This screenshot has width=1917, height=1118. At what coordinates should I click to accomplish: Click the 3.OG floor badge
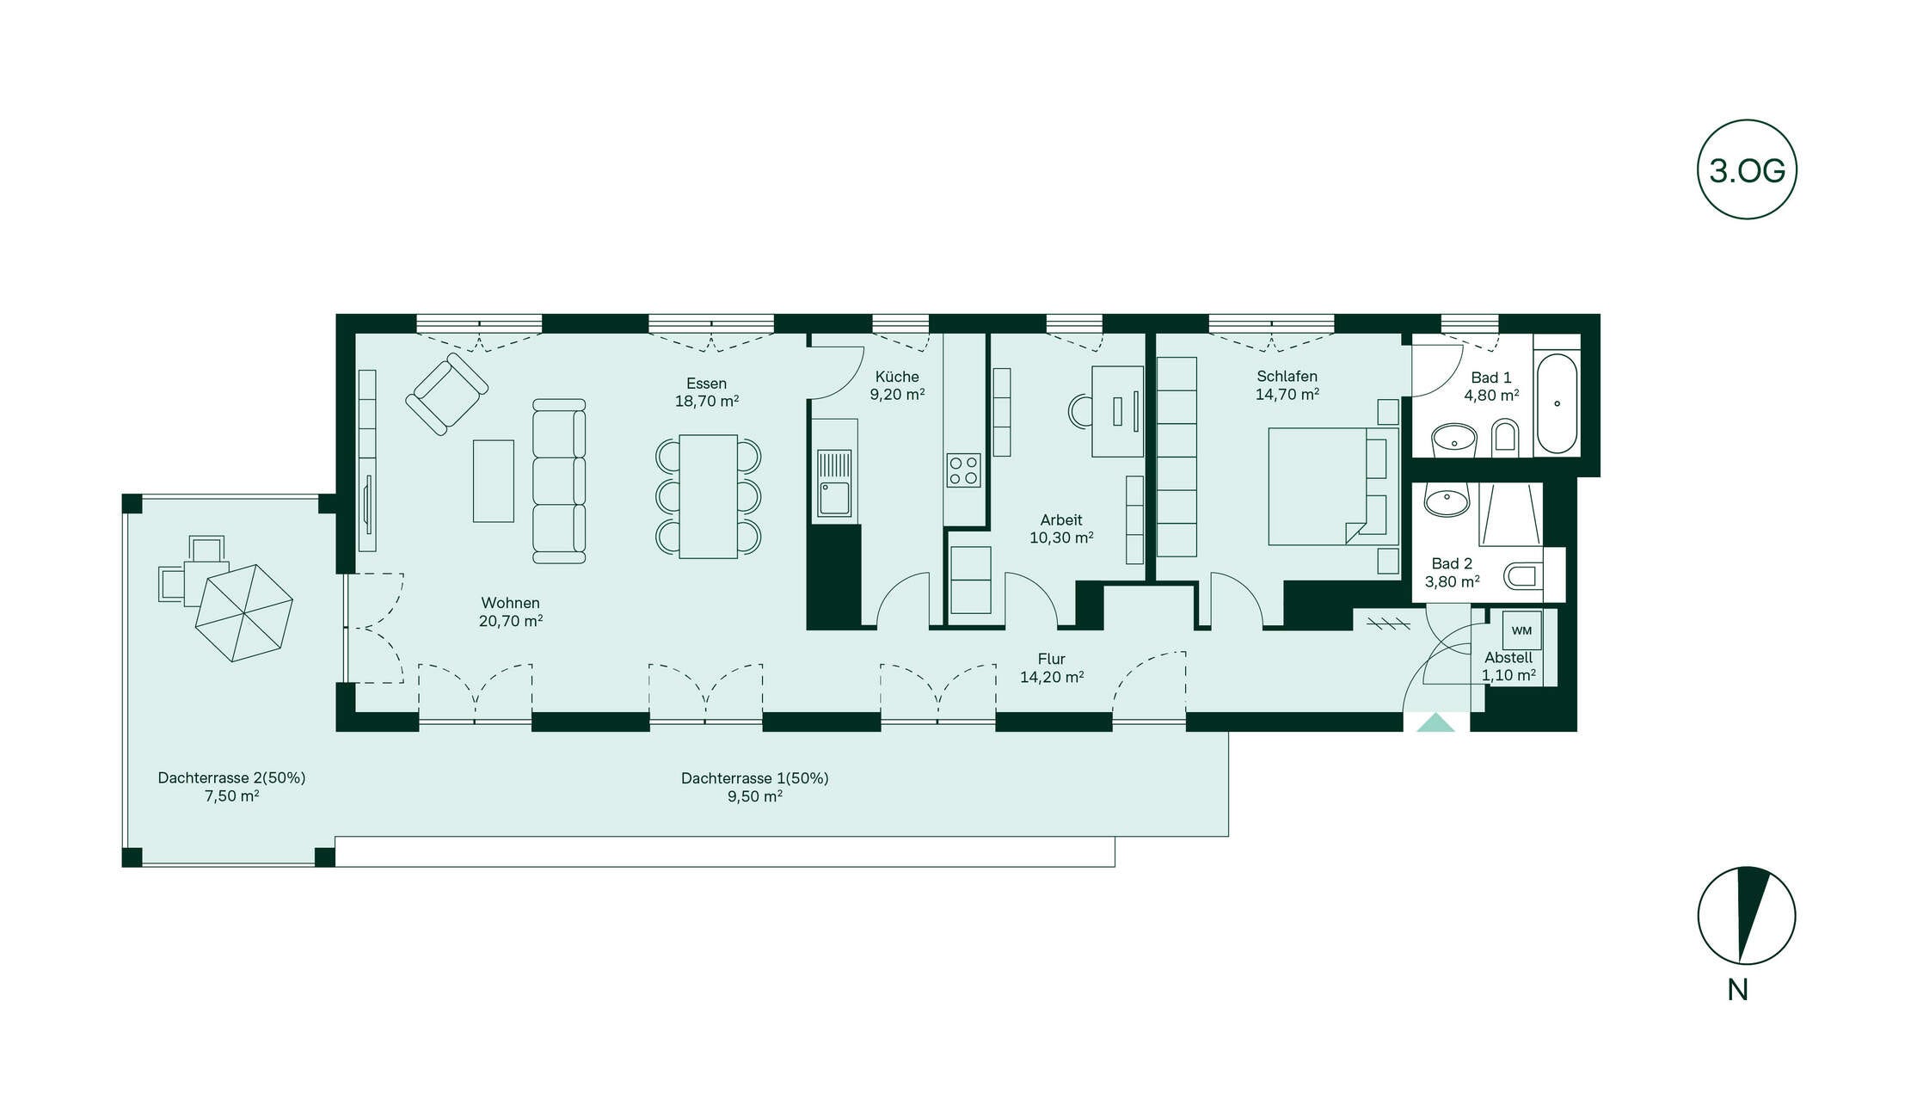(x=1747, y=169)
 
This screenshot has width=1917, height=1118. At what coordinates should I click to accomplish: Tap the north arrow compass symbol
(x=1747, y=915)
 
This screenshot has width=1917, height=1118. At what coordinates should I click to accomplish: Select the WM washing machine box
(x=1521, y=630)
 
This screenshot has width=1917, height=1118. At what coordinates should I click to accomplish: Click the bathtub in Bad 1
(x=1557, y=403)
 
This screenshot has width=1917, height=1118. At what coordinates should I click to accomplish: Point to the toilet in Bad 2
(x=1523, y=575)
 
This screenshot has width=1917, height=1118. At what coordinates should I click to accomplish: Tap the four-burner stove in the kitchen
(x=963, y=470)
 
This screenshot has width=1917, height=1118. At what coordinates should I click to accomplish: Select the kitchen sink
(x=833, y=484)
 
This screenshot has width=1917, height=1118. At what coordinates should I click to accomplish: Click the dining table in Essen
(x=708, y=496)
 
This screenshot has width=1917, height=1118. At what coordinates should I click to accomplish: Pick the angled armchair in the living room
(x=446, y=394)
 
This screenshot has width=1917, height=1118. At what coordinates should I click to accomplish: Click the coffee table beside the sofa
(x=494, y=481)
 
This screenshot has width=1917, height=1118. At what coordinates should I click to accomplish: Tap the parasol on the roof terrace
(x=244, y=612)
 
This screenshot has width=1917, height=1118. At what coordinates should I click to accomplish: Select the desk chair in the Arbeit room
(x=1080, y=411)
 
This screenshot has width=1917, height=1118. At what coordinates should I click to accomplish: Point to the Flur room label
(x=1051, y=659)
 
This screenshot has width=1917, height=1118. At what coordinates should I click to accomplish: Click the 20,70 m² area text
(x=511, y=621)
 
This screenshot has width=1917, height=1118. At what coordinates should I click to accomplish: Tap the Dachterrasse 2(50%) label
(x=231, y=777)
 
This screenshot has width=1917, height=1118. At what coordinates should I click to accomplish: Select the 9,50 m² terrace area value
(x=755, y=796)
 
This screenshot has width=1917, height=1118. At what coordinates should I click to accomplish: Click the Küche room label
(x=897, y=377)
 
